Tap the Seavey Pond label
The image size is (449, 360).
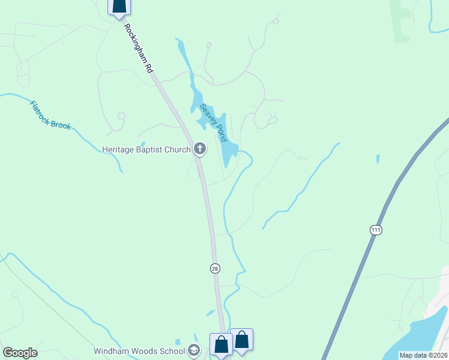tap(214, 122)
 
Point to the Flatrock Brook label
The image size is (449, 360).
tap(50, 115)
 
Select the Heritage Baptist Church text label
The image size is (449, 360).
tap(146, 149)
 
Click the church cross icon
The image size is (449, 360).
tap(200, 149)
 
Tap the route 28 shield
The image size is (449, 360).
tap(215, 268)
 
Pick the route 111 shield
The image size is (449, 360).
tap(376, 230)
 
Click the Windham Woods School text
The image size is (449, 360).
tap(139, 350)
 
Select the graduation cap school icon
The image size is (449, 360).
tap(193, 350)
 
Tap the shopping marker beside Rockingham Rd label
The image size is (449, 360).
tap(119, 5)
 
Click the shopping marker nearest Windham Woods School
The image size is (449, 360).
tap(221, 344)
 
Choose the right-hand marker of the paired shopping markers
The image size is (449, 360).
tap(242, 339)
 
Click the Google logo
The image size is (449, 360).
tap(20, 353)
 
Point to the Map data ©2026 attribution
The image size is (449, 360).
tap(423, 355)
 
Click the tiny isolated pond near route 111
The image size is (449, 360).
tap(378, 159)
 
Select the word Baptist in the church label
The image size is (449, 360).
tap(153, 149)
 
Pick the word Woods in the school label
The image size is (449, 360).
tap(145, 350)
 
